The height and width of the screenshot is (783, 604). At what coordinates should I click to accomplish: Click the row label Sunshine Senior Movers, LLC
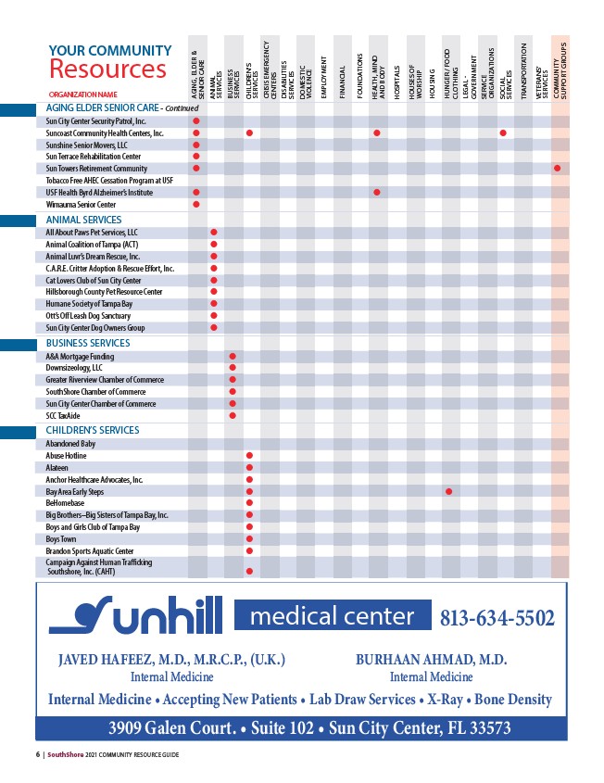(87, 145)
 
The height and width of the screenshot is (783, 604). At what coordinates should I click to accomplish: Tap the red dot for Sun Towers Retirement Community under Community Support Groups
(558, 168)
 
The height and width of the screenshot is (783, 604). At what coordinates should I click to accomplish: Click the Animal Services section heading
(83, 220)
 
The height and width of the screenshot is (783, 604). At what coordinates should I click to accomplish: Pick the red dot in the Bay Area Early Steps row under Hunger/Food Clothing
(448, 491)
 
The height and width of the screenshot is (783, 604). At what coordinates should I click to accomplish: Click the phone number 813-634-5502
(497, 617)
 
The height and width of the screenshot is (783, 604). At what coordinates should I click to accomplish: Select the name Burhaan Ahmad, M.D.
(431, 660)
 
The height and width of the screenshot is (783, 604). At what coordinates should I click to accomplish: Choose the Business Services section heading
(88, 343)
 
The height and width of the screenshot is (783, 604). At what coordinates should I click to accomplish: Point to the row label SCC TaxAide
(64, 415)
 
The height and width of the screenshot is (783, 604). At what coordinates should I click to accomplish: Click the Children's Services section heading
(93, 430)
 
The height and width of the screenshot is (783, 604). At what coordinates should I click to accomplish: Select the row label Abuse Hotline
(66, 456)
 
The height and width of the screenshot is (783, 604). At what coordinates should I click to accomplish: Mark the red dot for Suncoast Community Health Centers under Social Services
(503, 133)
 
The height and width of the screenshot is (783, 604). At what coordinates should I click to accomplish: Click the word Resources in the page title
(107, 69)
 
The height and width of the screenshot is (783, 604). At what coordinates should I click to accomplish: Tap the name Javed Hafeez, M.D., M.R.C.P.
(171, 660)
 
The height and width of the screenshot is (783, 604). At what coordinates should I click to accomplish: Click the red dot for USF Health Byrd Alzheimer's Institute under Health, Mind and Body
(377, 192)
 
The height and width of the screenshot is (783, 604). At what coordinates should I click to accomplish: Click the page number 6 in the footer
(38, 755)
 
